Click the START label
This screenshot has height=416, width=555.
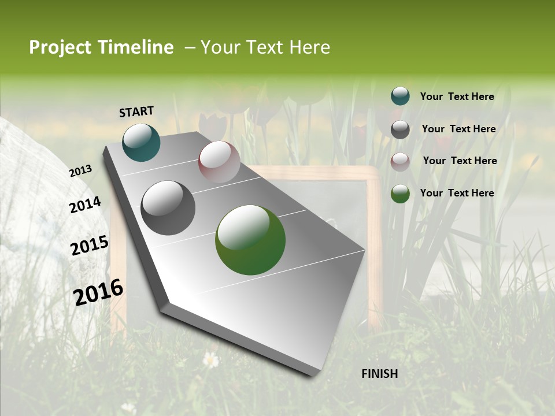click(136, 112)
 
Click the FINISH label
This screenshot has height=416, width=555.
click(379, 374)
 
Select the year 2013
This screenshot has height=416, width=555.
click(81, 171)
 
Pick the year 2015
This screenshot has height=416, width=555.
click(90, 246)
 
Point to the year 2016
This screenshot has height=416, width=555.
click(98, 292)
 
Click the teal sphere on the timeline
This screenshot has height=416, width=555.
click(141, 142)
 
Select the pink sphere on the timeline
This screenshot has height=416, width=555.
click(219, 162)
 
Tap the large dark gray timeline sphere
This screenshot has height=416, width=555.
click(168, 208)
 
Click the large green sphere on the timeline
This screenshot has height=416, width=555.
click(250, 240)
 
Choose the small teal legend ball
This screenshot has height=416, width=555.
click(400, 96)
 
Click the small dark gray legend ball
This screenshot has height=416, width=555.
click(400, 129)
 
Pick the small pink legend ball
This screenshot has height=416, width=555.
click(400, 161)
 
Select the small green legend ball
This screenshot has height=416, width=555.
click(400, 194)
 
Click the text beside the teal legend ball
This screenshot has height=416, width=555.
click(457, 96)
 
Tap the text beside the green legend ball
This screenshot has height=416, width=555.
click(457, 193)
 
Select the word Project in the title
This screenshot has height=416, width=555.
click(60, 47)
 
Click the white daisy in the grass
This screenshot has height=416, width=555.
click(211, 360)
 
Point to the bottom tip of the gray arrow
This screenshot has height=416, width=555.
click(313, 376)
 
